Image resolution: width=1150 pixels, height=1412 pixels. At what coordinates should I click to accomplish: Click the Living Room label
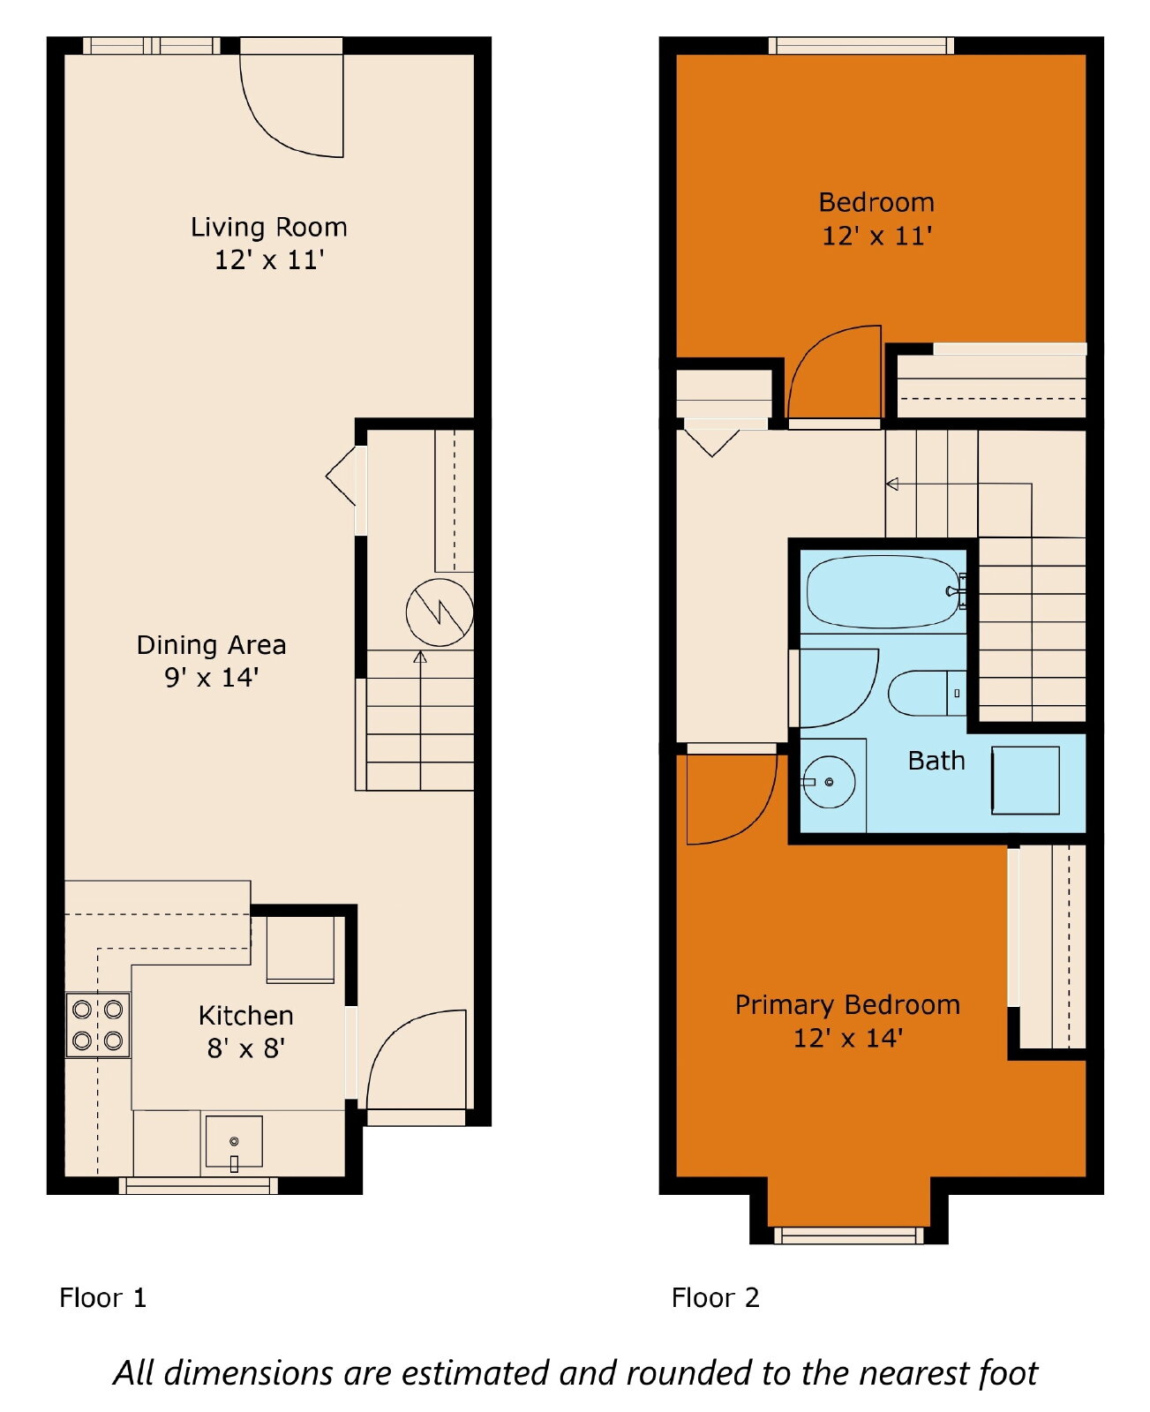point(268,228)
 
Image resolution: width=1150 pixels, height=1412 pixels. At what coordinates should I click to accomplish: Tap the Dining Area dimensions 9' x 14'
point(211,678)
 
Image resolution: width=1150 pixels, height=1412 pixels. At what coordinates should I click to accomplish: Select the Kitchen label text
point(245,1016)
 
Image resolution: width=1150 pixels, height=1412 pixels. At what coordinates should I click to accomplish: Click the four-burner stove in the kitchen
point(98,1025)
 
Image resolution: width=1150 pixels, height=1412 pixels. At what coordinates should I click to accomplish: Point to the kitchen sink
point(234,1141)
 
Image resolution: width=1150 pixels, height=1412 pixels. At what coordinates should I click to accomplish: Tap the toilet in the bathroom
point(927,693)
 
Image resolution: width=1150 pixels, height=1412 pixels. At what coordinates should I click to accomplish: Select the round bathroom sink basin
point(829,782)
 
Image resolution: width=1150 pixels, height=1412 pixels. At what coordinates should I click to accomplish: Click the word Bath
point(936,761)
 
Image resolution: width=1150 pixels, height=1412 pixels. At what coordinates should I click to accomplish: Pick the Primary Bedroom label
point(847,1005)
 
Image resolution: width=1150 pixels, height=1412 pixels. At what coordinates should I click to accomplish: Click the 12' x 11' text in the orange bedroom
point(876,236)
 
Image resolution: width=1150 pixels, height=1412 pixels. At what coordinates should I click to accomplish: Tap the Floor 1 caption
point(102,1298)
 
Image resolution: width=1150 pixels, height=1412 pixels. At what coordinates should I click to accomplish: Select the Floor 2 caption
point(715,1298)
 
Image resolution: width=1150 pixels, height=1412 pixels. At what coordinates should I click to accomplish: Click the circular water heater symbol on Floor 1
point(440,612)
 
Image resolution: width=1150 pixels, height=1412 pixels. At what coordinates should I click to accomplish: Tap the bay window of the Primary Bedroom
point(848,1235)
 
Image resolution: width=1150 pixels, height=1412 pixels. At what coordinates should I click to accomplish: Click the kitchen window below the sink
point(199,1185)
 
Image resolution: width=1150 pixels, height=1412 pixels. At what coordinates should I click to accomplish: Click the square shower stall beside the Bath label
point(1025,780)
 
